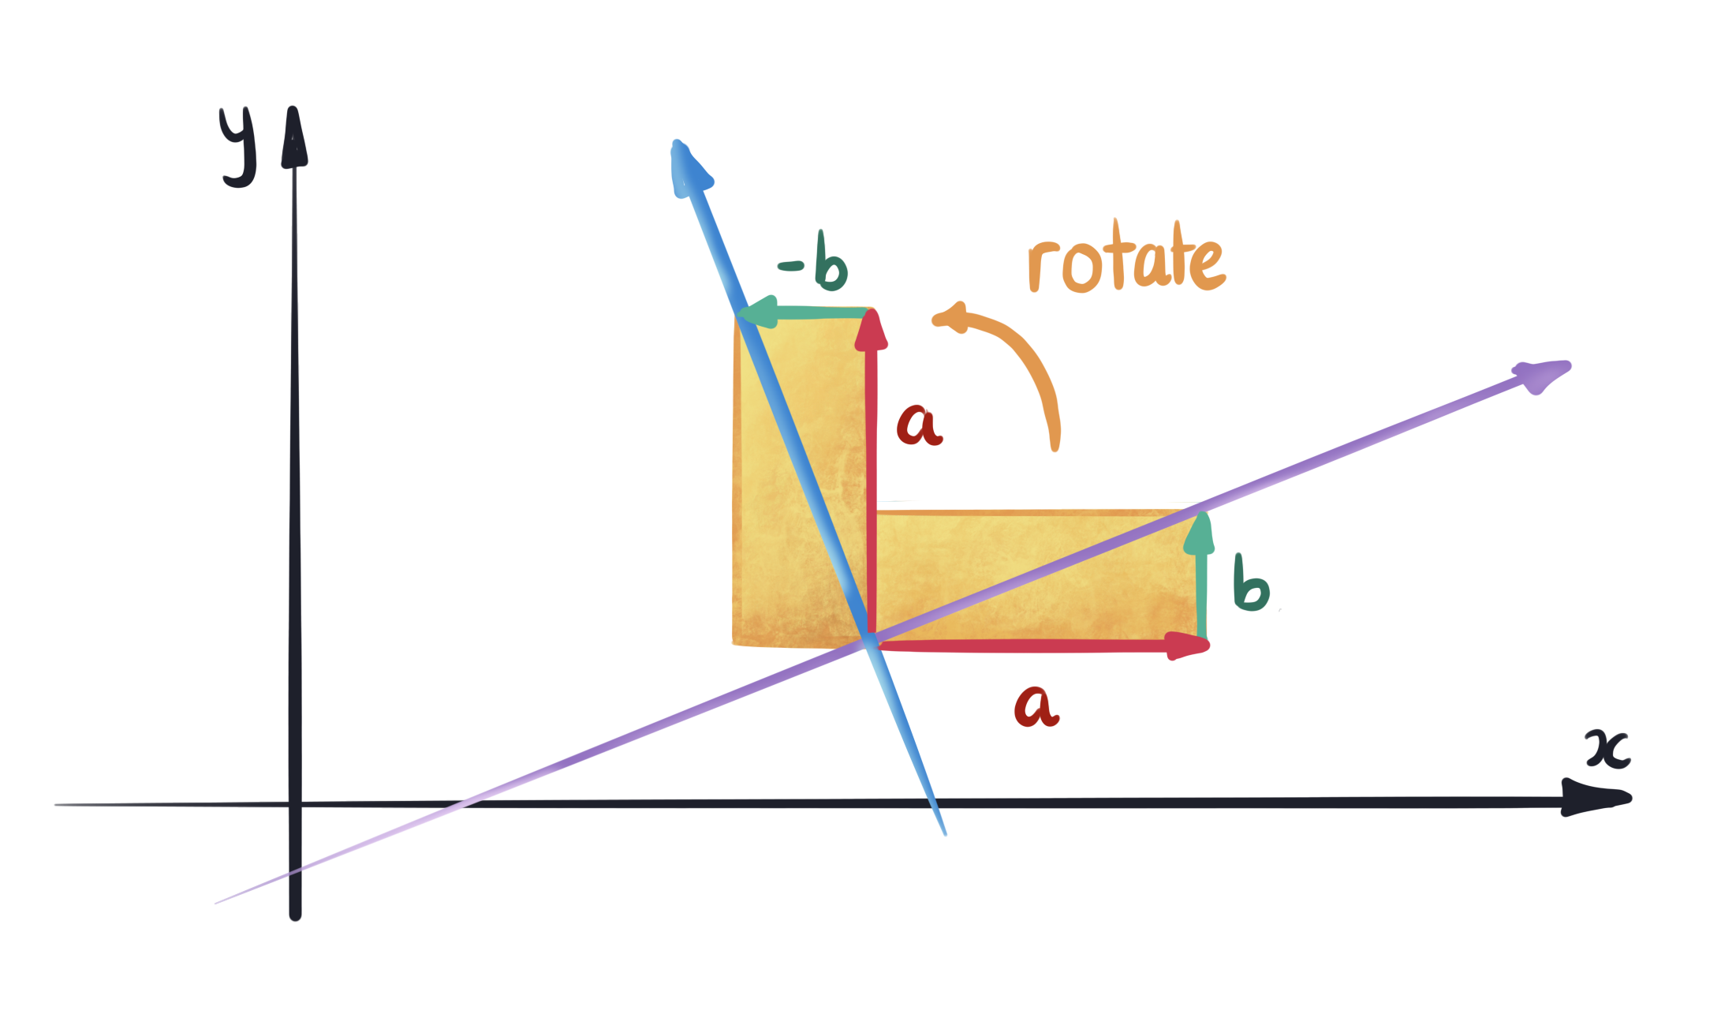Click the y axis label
[x=238, y=146]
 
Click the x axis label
[x=1607, y=749]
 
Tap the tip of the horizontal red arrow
[x=1205, y=646]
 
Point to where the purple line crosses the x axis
[x=467, y=803]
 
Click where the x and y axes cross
[x=295, y=804]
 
